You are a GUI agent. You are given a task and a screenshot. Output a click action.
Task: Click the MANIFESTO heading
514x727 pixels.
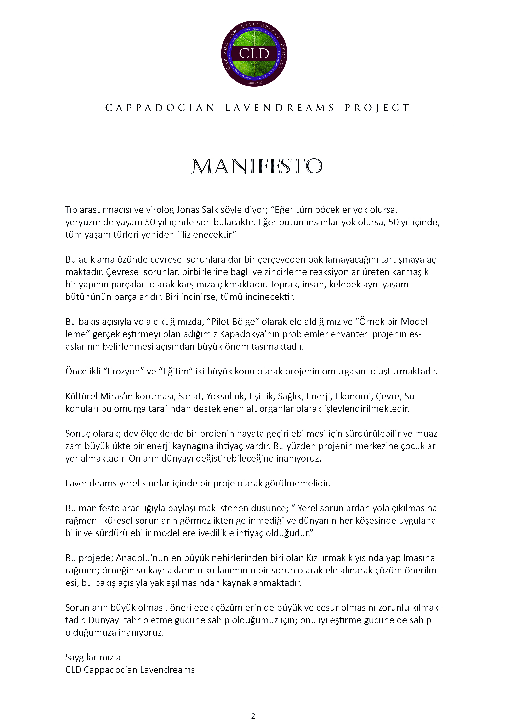pos(257,167)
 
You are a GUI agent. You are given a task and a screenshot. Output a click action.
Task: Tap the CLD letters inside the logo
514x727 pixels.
pos(254,53)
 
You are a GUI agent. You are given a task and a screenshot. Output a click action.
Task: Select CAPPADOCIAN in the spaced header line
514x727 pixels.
pos(160,108)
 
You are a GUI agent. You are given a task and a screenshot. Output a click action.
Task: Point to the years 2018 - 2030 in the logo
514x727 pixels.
pos(255,83)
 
